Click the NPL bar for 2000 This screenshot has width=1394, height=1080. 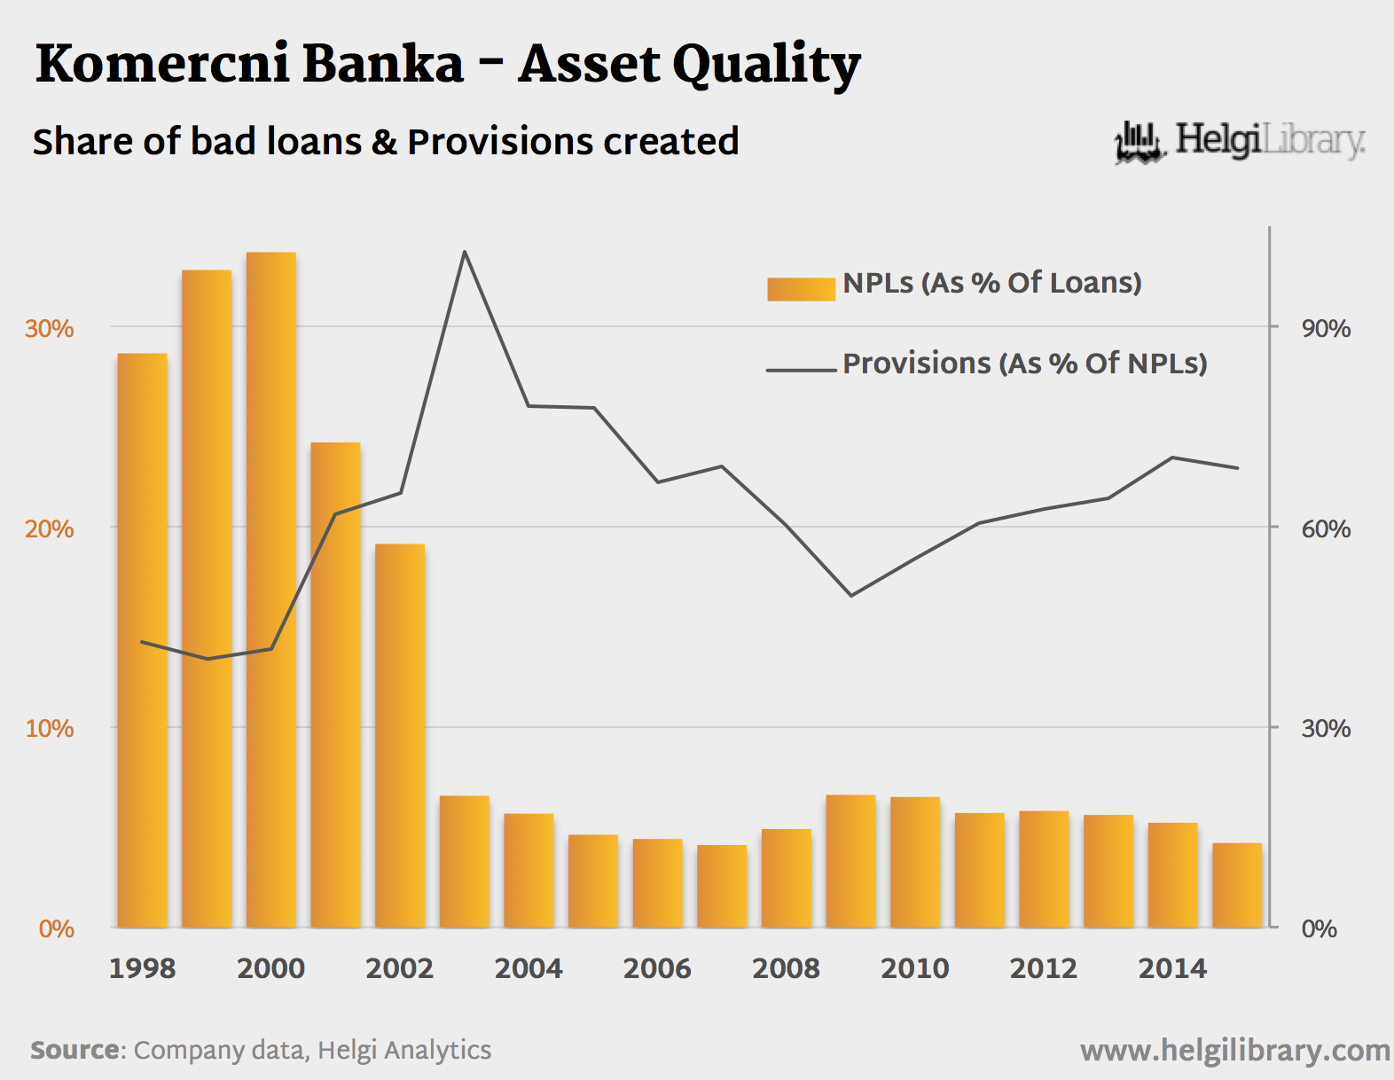point(271,590)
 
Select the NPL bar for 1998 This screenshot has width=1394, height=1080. point(142,640)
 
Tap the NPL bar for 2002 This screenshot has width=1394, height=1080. point(400,736)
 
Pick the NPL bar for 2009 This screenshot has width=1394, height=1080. point(850,861)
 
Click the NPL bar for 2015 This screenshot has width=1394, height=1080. point(1237,885)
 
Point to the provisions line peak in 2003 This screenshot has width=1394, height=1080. point(465,253)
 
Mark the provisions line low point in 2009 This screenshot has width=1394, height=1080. point(850,595)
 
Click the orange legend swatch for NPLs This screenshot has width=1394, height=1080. point(801,289)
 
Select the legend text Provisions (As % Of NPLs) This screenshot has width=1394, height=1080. point(1024,364)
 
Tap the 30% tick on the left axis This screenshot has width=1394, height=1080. point(50,328)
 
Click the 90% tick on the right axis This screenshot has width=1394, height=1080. point(1326,328)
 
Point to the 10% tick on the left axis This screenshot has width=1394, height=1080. point(50,728)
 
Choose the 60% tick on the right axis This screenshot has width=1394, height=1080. point(1326,528)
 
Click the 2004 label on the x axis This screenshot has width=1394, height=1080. point(529,968)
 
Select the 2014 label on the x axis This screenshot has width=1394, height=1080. point(1172,968)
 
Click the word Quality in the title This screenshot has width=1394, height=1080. point(766,66)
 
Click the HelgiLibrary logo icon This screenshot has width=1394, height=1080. point(1139,142)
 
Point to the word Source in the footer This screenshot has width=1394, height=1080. point(75,1050)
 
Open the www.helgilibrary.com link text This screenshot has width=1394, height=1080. point(1234,1051)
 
